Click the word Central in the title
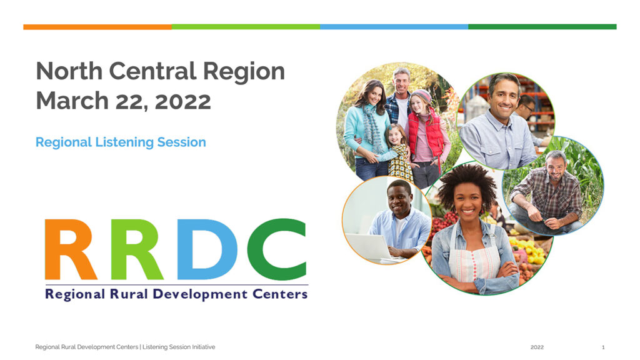pyautogui.click(x=152, y=71)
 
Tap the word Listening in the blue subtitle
pyautogui.click(x=124, y=142)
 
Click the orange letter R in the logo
pyautogui.click(x=71, y=249)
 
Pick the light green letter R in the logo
pyautogui.click(x=137, y=249)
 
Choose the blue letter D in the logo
pyautogui.click(x=207, y=249)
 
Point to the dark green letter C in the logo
pyautogui.click(x=277, y=249)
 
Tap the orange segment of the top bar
pyautogui.click(x=97, y=27)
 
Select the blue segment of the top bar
pyautogui.click(x=394, y=27)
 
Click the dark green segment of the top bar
pyautogui.click(x=542, y=27)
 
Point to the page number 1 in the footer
pyautogui.click(x=603, y=347)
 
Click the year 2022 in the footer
pyautogui.click(x=537, y=347)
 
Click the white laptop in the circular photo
pyautogui.click(x=369, y=246)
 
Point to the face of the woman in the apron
pyautogui.click(x=467, y=202)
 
